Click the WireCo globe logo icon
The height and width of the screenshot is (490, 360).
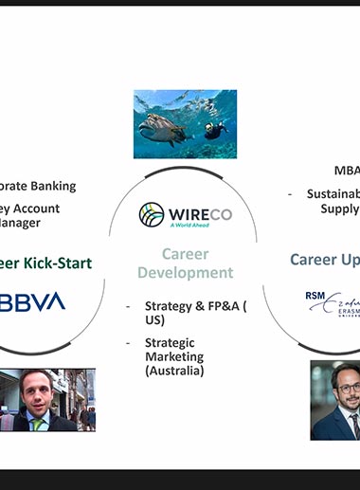pyautogui.click(x=152, y=214)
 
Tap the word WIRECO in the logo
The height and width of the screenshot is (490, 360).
pyautogui.click(x=199, y=212)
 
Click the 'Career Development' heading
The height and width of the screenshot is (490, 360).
pyautogui.click(x=185, y=263)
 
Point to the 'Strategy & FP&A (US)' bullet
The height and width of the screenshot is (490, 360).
pyautogui.click(x=194, y=313)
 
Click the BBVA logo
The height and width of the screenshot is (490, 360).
pyautogui.click(x=32, y=302)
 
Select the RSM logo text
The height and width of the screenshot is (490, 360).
pyautogui.click(x=315, y=296)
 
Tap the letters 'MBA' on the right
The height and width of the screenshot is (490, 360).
pyautogui.click(x=347, y=172)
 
